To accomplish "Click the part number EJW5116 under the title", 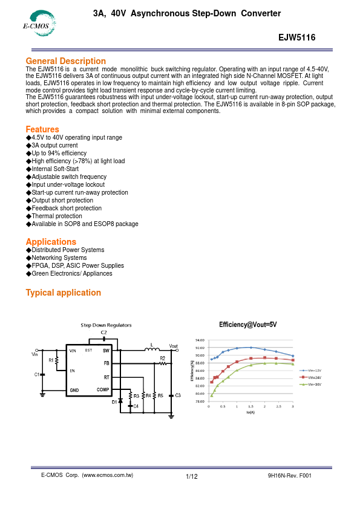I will pyautogui.click(x=297, y=37).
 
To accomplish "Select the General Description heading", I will pyautogui.click(x=65, y=61).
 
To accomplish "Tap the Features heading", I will pyautogui.click(x=42, y=129).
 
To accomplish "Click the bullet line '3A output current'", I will pyautogui.click(x=54, y=146).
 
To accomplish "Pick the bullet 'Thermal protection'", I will pyautogui.click(x=56, y=216).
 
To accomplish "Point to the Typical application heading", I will pyautogui.click(x=63, y=293).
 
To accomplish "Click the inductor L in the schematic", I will pyautogui.click(x=149, y=350).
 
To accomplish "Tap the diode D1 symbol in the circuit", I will pyautogui.click(x=120, y=400).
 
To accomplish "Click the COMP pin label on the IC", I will pyautogui.click(x=103, y=390).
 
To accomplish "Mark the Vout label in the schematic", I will pyautogui.click(x=173, y=346).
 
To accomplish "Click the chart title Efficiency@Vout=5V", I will pyautogui.click(x=247, y=325).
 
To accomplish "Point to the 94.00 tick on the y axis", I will pyautogui.click(x=200, y=342).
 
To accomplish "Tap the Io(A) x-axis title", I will pyautogui.click(x=250, y=413).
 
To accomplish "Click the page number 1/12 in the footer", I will pyautogui.click(x=192, y=477).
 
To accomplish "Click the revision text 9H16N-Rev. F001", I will pyautogui.click(x=289, y=476).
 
